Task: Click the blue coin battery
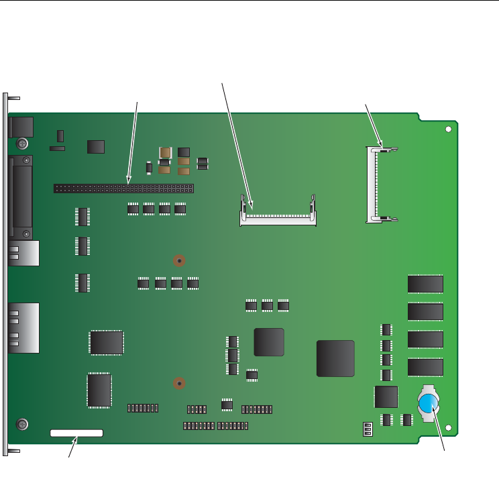pos(427,404)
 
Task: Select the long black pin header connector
pos(123,188)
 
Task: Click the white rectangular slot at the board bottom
pos(76,433)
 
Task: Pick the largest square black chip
pos(335,358)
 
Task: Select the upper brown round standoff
pos(179,261)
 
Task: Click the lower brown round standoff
pos(178,384)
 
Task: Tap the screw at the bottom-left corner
pos(22,424)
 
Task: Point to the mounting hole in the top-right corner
pos(448,129)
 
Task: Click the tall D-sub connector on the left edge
pos(21,198)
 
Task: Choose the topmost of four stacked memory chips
pos(425,284)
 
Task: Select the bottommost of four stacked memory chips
pos(425,368)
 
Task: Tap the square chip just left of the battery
pos(386,396)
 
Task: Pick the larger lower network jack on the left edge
pos(24,328)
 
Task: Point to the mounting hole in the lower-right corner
pos(448,430)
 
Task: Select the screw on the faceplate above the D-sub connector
pos(22,144)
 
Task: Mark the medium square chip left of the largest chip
pos(269,342)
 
